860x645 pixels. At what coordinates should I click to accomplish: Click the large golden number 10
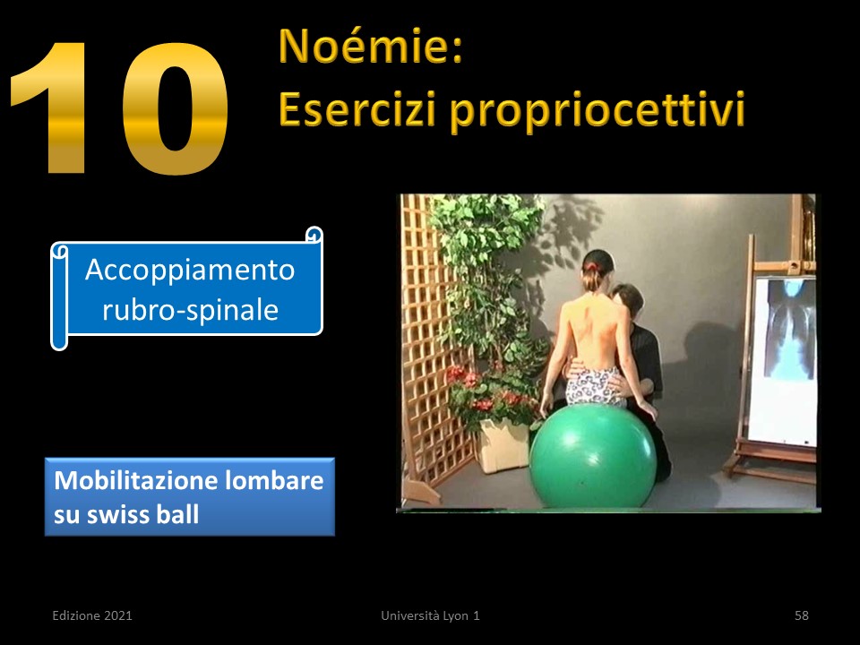[x=119, y=108]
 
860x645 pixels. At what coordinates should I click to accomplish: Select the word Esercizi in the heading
[x=357, y=108]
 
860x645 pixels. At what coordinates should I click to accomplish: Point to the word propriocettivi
[x=598, y=111]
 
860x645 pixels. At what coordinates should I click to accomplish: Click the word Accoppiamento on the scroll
[x=190, y=271]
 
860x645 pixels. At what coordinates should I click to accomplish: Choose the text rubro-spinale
[x=190, y=310]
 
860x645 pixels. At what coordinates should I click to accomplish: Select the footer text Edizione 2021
[x=92, y=615]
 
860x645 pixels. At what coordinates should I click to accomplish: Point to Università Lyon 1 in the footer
[x=430, y=615]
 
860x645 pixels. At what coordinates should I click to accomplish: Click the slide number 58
[x=801, y=615]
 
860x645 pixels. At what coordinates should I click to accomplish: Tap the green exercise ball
[x=593, y=456]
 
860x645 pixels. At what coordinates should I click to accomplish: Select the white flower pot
[x=503, y=443]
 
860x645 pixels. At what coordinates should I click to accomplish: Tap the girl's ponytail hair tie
[x=591, y=267]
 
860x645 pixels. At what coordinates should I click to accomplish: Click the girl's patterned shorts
[x=594, y=386]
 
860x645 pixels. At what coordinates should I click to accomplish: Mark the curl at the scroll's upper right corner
[x=314, y=234]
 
